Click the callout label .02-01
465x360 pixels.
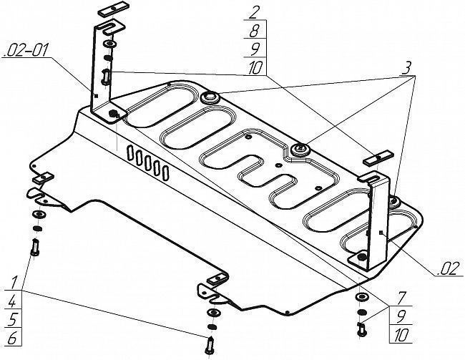pos(25,51)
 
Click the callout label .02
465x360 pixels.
pos(449,270)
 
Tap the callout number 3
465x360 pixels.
pos(408,69)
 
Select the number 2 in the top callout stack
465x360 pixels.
pos(253,13)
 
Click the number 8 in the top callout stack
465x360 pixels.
pos(254,31)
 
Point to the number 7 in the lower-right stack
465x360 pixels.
pos(401,298)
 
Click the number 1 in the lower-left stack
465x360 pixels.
pos(14,282)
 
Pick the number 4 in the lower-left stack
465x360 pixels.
pos(12,301)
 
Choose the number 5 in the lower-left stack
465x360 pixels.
pos(12,320)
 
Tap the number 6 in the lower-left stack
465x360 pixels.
pos(12,339)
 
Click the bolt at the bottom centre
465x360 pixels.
pos(210,345)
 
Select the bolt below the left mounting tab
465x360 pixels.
pos(35,247)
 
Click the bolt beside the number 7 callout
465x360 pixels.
pos(361,329)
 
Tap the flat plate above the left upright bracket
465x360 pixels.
pos(112,9)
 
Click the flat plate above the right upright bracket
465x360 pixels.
pos(378,158)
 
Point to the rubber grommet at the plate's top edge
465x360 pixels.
pos(210,97)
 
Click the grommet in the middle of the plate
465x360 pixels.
pos(300,150)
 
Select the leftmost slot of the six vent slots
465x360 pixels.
pos(130,153)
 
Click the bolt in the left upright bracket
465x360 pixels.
pos(106,77)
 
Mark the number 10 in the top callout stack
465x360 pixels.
pos(255,68)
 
